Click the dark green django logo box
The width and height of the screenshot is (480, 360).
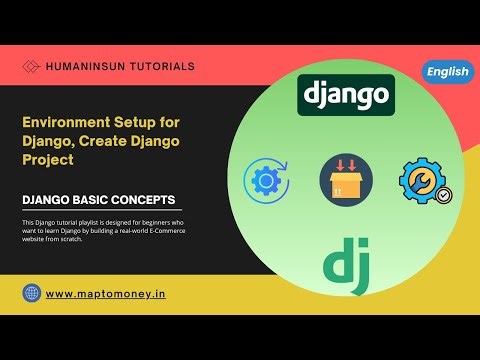(345, 95)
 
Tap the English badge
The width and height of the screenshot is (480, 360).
(447, 71)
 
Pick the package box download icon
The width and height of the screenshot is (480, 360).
(345, 180)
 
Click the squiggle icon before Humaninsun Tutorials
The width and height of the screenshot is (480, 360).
(32, 67)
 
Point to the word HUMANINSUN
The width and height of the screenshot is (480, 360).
(84, 67)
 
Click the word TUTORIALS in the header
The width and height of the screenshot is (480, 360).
(160, 67)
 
